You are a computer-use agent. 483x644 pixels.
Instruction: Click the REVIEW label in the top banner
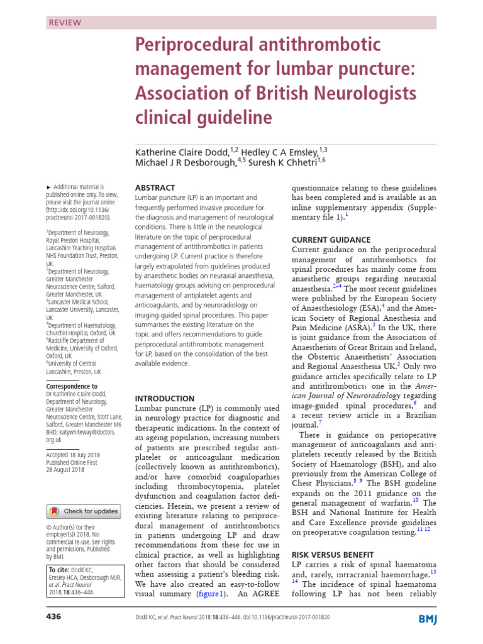(65, 22)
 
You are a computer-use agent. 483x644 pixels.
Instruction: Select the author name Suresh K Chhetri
(287, 162)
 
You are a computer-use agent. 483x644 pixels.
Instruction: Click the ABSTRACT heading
(155, 187)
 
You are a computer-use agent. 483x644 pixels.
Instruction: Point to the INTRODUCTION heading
(165, 398)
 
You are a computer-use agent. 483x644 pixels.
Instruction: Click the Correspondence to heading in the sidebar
(72, 386)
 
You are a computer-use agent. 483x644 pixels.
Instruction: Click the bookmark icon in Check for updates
(55, 511)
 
